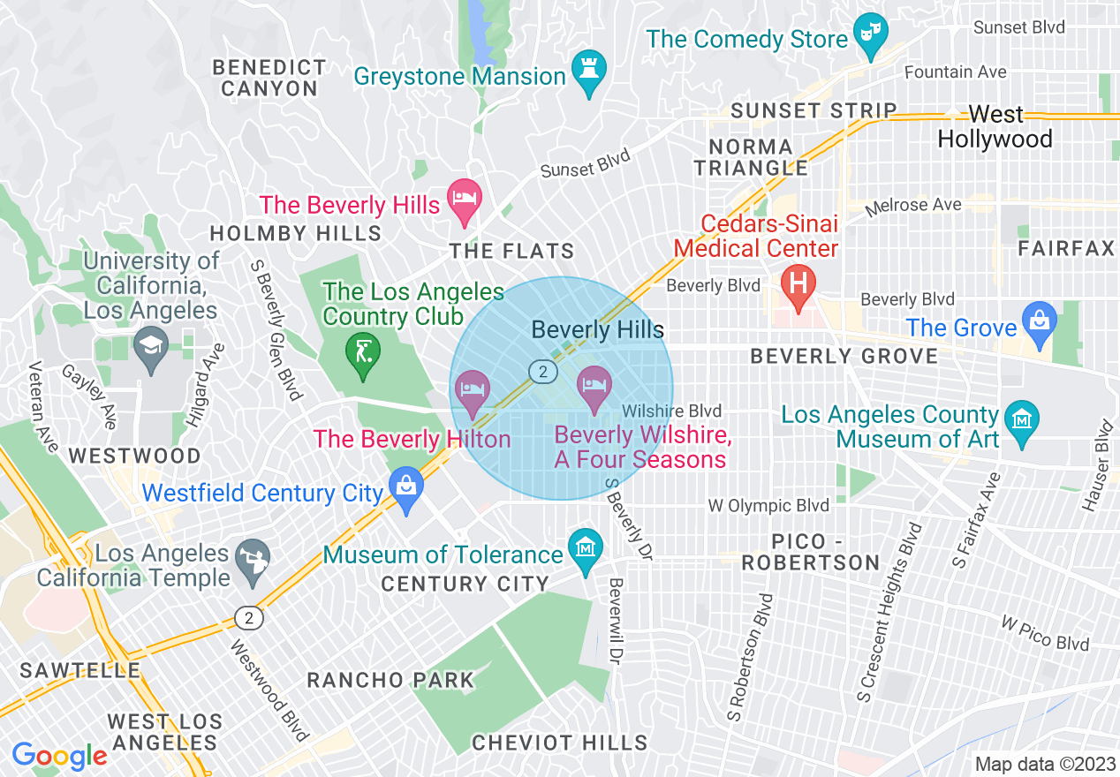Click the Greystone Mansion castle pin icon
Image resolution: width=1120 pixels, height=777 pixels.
tap(585, 68)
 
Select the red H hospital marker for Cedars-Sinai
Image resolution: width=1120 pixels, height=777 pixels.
tap(798, 285)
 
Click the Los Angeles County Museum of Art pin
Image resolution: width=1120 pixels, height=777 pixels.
tap(1022, 418)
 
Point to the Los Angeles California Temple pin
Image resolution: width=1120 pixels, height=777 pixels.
tap(252, 559)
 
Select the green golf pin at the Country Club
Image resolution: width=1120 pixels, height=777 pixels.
tap(362, 352)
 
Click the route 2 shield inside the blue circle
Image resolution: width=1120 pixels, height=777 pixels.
tap(542, 372)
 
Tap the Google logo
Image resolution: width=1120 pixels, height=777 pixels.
tap(60, 756)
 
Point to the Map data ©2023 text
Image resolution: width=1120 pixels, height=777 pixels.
tap(1044, 764)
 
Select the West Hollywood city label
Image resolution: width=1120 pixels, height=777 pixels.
tap(995, 127)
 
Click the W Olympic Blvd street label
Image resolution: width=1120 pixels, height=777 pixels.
tap(768, 506)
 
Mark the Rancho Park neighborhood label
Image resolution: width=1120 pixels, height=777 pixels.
tap(390, 681)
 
